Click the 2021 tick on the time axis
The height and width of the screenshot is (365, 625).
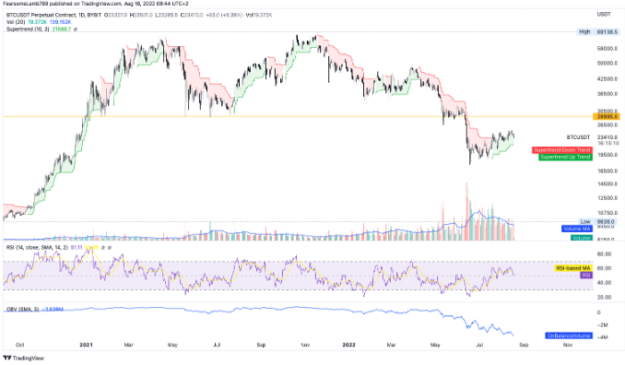85,348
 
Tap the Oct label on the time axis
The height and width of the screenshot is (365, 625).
20,348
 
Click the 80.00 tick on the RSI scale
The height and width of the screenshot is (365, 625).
604,254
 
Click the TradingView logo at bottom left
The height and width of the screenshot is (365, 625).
26,358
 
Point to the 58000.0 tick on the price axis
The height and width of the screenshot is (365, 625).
606,48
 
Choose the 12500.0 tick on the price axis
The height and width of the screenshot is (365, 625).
606,197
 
